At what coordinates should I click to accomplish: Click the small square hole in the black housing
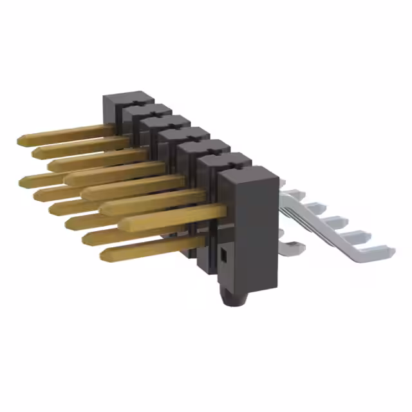point(223,256)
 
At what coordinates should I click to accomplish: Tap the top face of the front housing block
point(248,172)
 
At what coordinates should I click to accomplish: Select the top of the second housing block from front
point(223,158)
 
